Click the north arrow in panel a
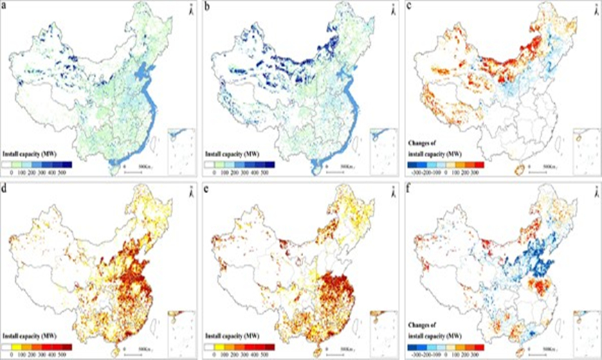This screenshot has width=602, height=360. point(188,10)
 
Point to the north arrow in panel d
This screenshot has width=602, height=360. point(188,192)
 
